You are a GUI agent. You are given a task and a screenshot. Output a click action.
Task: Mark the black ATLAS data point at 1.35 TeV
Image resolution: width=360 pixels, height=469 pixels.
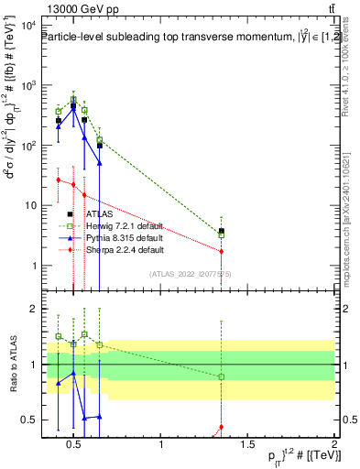click(222, 232)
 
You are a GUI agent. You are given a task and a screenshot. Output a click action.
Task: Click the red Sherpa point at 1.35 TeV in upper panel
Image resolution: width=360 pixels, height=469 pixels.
click(222, 251)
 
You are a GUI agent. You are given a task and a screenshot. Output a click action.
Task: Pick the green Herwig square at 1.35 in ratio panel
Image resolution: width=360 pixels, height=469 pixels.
click(222, 376)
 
